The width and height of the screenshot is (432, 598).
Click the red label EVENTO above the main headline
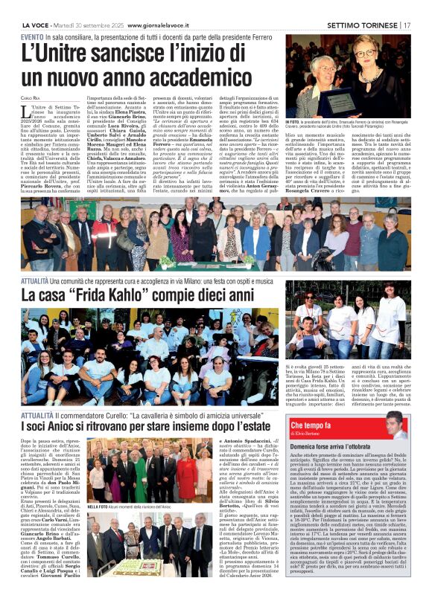32,36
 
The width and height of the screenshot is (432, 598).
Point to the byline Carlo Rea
31,97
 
